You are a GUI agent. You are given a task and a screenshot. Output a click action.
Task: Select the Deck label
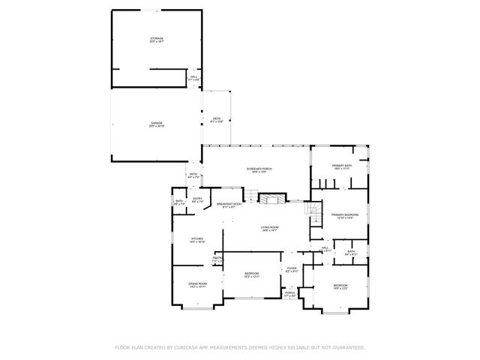(x=217, y=119)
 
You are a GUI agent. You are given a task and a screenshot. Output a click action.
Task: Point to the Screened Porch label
(x=259, y=170)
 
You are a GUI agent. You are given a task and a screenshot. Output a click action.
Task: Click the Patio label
(x=193, y=175)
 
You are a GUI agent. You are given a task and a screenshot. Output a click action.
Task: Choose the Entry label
(x=196, y=199)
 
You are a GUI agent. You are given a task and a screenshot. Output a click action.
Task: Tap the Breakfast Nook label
(x=229, y=205)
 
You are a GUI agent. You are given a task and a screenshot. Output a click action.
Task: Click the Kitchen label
(x=197, y=240)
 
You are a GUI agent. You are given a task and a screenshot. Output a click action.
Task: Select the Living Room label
(x=270, y=229)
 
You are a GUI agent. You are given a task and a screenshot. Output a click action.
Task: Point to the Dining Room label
(x=197, y=284)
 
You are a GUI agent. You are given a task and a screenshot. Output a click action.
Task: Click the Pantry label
(x=217, y=259)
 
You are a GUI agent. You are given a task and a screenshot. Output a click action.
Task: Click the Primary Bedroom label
(x=346, y=215)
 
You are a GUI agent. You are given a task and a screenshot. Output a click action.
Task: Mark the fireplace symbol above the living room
(x=268, y=198)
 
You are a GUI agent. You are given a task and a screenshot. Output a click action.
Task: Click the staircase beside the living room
(x=313, y=214)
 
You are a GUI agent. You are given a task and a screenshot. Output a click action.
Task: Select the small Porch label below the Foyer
(x=289, y=293)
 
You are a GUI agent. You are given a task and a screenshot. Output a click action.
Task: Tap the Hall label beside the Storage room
(x=193, y=77)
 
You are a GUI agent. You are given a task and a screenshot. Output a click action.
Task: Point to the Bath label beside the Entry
(x=180, y=202)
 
